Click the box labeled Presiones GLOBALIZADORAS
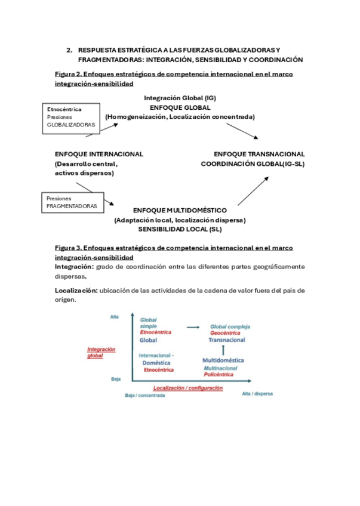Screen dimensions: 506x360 click(x=72, y=118)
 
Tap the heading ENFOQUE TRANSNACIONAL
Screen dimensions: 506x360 click(x=259, y=154)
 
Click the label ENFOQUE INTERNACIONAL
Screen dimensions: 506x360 click(x=99, y=154)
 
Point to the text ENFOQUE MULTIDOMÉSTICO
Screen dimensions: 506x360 click(x=180, y=211)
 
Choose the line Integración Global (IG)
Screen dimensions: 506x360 click(x=180, y=97)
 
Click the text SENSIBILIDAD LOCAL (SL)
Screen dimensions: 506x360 click(x=180, y=229)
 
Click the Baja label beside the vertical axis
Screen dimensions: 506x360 click(x=116, y=379)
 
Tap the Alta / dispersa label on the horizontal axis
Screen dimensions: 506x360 click(x=257, y=394)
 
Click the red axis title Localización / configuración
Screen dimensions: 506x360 click(x=188, y=387)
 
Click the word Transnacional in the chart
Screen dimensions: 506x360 click(x=227, y=340)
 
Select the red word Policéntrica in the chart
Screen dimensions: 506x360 click(x=219, y=374)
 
